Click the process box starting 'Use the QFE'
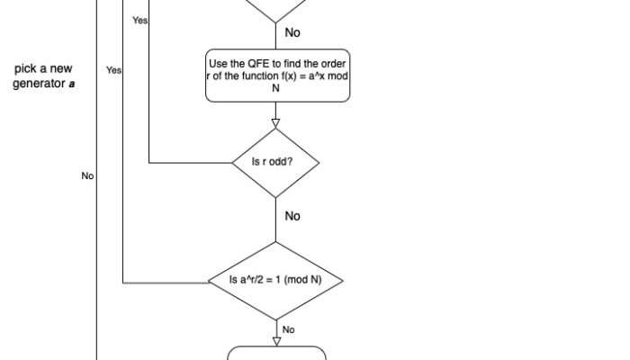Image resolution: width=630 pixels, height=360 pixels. tap(276, 76)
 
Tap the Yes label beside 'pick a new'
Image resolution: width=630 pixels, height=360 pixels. tap(113, 69)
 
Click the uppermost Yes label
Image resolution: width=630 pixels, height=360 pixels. tap(140, 20)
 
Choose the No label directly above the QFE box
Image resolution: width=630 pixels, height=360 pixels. tap(292, 32)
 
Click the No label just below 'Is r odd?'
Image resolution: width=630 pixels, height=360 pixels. tap(292, 216)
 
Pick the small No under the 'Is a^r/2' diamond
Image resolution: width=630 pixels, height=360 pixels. tap(288, 330)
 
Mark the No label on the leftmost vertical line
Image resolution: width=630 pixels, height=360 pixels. tap(87, 176)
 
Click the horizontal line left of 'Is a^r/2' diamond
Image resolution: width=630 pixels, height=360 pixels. tap(166, 283)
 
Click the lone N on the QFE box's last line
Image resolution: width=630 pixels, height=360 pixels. tap(276, 88)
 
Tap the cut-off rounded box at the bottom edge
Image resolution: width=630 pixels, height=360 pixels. tap(276, 353)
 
